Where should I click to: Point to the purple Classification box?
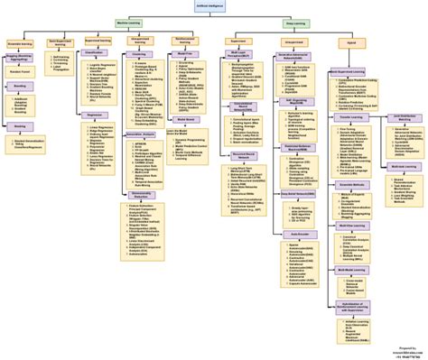click(96, 53)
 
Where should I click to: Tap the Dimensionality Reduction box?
click(141, 194)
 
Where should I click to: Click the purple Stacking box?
click(21, 127)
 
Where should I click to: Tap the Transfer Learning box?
click(347, 117)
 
